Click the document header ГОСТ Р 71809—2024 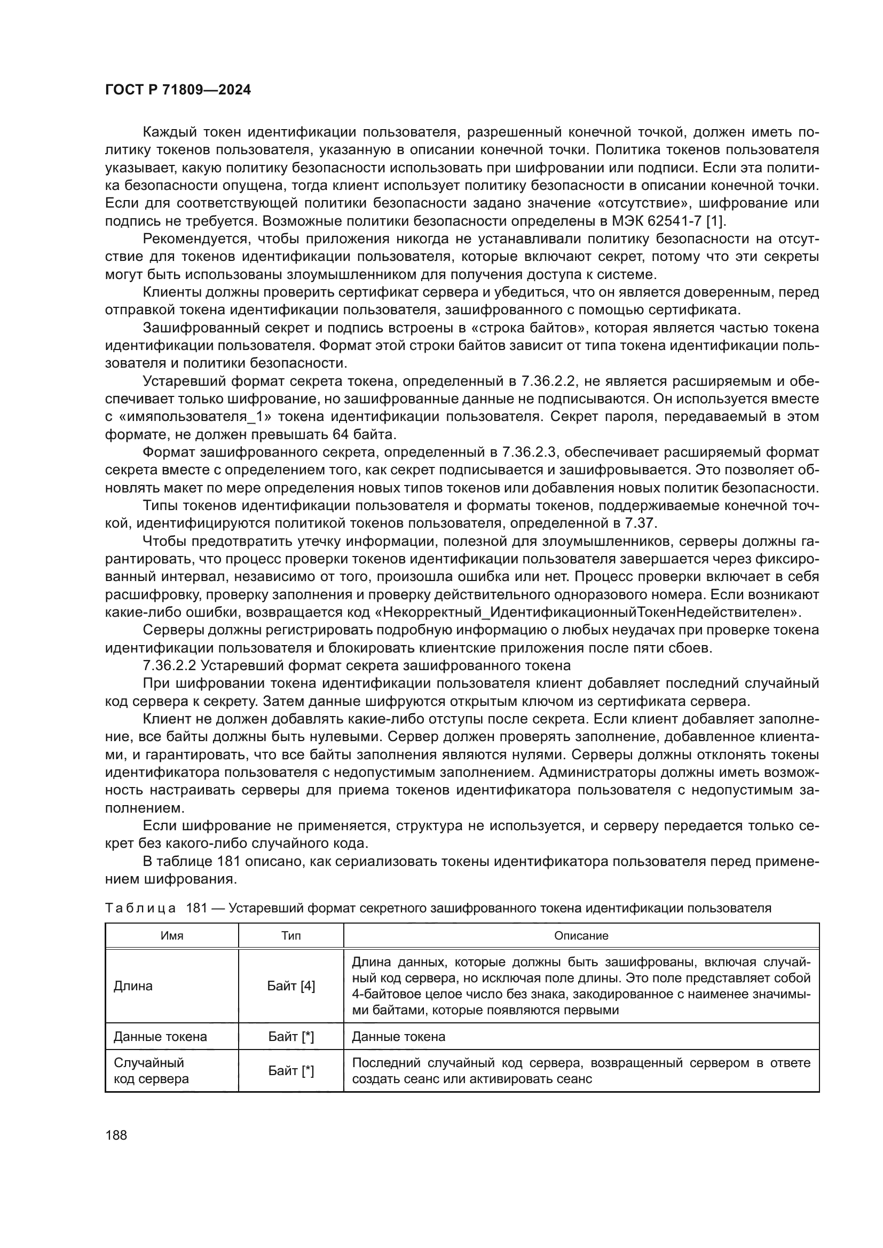(178, 90)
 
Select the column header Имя (172, 935)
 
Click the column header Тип (291, 935)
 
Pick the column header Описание (581, 935)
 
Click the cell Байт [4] (291, 986)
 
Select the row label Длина (133, 986)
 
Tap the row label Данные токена (160, 1037)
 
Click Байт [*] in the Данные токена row (291, 1037)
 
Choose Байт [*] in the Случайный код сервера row (291, 1071)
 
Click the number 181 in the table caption (197, 908)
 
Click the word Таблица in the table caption (140, 908)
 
